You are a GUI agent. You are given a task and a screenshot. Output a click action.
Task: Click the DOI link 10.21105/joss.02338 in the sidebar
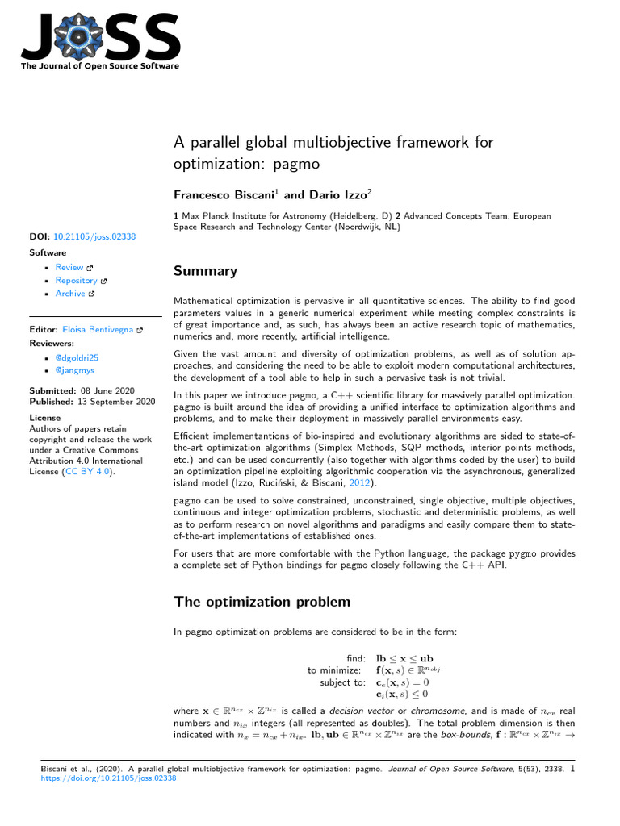[94, 236]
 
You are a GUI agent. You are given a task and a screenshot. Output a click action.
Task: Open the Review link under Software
[69, 267]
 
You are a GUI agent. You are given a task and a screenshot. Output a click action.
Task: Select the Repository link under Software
[76, 280]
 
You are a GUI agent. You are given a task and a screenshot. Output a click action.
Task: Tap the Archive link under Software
[70, 294]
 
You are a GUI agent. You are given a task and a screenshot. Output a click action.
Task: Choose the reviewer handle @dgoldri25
[77, 357]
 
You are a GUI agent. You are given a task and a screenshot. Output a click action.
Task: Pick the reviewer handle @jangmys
[75, 370]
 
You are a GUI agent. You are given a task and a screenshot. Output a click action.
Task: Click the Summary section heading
[205, 271]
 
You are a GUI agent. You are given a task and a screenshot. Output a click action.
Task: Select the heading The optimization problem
[262, 602]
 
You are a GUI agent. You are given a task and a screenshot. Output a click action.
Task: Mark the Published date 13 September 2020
[115, 401]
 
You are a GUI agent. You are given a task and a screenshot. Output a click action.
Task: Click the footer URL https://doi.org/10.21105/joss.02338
[108, 779]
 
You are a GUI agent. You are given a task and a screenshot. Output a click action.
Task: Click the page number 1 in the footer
[572, 769]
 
